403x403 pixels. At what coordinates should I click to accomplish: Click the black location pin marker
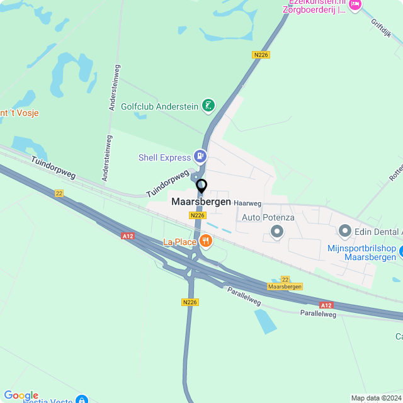point(201,186)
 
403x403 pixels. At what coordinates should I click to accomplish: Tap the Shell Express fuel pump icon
point(200,155)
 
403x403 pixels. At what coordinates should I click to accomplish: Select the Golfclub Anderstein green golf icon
point(209,105)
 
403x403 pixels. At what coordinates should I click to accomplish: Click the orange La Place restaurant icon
point(205,241)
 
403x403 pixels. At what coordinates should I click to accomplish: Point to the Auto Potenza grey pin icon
point(277,232)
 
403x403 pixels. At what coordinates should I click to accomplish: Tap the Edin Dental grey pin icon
point(345,231)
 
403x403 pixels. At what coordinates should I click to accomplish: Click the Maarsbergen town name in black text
point(201,202)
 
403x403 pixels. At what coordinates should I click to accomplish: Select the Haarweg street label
point(247,203)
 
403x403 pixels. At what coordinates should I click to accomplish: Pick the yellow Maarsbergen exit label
point(285,287)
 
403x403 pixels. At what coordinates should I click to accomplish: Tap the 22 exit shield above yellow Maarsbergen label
point(285,279)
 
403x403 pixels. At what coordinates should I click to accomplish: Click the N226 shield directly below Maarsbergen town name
point(198,215)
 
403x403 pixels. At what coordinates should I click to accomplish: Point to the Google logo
point(21,395)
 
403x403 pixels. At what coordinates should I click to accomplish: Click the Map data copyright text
point(376,398)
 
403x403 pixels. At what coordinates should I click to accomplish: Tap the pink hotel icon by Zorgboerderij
point(355,5)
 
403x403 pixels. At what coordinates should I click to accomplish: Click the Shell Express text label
point(165,157)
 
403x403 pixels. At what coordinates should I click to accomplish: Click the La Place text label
point(179,242)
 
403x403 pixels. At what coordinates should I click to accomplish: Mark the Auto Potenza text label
point(268,217)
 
